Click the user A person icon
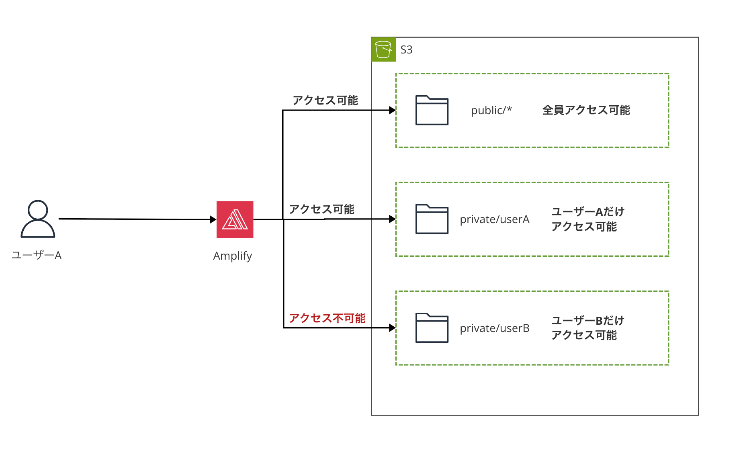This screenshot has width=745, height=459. (x=38, y=219)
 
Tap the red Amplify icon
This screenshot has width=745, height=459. (x=235, y=219)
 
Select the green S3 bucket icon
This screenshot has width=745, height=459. (x=383, y=49)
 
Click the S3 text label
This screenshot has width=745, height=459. (x=406, y=50)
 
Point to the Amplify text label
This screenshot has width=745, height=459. (x=232, y=256)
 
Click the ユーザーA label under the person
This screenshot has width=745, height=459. (x=37, y=255)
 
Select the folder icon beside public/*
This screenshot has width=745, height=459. (x=432, y=110)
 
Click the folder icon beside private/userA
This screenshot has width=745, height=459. (x=432, y=219)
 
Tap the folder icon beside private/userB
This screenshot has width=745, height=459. (x=432, y=328)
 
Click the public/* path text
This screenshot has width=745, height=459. (x=491, y=110)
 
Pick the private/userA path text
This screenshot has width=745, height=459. (x=494, y=219)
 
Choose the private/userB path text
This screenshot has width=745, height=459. (x=494, y=328)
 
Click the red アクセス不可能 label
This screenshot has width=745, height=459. (x=327, y=318)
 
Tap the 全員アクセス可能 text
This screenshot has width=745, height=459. (x=586, y=110)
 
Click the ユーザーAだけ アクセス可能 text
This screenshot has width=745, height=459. (x=587, y=219)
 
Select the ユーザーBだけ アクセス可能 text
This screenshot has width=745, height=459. (x=587, y=328)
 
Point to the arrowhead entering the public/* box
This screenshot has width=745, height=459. (x=392, y=110)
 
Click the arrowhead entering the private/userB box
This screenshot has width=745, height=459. (x=392, y=328)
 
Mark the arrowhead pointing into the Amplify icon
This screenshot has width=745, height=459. (x=213, y=219)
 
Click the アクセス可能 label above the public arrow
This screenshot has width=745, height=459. (x=325, y=100)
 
